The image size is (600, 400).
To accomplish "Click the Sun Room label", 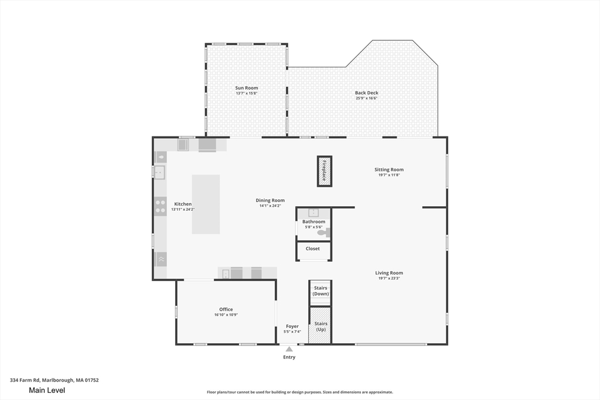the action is pyautogui.click(x=247, y=88).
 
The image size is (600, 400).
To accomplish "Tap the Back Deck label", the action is pyautogui.click(x=367, y=93).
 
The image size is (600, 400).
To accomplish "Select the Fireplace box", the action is pyautogui.click(x=325, y=172).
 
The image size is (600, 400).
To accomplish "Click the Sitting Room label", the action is pyautogui.click(x=389, y=169).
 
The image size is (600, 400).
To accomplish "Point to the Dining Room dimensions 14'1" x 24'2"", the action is pyautogui.click(x=270, y=206).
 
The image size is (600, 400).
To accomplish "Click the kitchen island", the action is pyautogui.click(x=206, y=204).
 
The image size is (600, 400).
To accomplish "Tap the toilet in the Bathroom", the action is pyautogui.click(x=323, y=232).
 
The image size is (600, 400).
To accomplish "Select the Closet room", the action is pyautogui.click(x=313, y=251).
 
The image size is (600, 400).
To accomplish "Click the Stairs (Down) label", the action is pyautogui.click(x=321, y=291).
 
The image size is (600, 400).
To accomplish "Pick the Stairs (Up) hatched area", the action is pyautogui.click(x=320, y=326).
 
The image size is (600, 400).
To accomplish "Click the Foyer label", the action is pyautogui.click(x=292, y=326).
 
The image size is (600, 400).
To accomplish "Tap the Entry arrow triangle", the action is pyautogui.click(x=289, y=349).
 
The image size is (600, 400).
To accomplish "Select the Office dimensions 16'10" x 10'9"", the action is pyautogui.click(x=226, y=314).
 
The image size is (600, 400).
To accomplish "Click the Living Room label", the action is pyautogui.click(x=389, y=273).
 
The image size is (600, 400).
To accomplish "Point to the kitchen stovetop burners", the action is pyautogui.click(x=161, y=206).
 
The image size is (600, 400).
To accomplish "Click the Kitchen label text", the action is pyautogui.click(x=183, y=204).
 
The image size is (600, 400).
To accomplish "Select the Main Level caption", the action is pyautogui.click(x=47, y=391).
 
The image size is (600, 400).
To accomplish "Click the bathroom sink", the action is pyautogui.click(x=313, y=213).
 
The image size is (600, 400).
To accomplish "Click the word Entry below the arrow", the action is pyautogui.click(x=289, y=357).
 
